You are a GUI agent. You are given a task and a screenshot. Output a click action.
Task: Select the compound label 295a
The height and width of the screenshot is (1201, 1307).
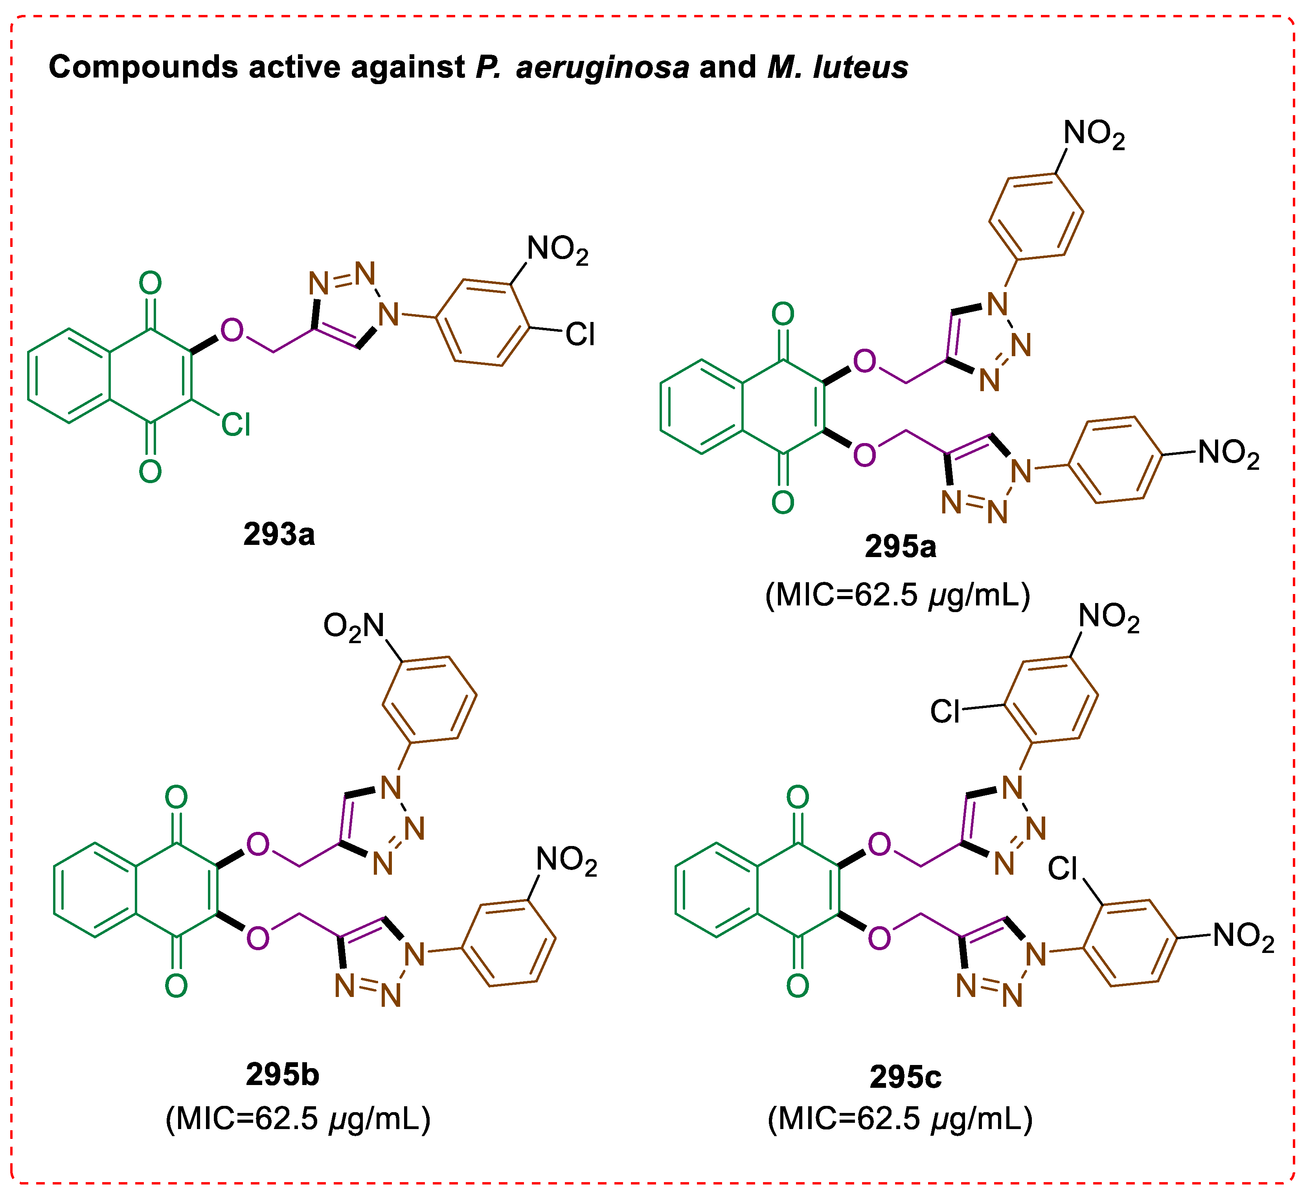pyautogui.click(x=900, y=547)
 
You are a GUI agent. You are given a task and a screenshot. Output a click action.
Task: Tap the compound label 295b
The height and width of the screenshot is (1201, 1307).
pyautogui.click(x=282, y=1074)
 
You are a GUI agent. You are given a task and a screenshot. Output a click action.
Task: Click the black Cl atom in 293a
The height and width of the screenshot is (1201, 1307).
pyautogui.click(x=580, y=335)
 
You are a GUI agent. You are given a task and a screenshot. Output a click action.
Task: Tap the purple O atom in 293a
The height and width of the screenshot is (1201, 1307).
pyautogui.click(x=232, y=330)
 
